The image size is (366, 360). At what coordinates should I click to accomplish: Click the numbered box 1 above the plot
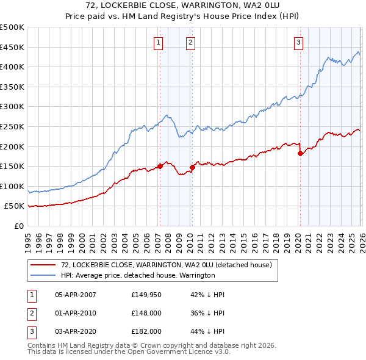(x=159, y=42)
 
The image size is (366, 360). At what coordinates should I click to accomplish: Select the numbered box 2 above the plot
(x=191, y=42)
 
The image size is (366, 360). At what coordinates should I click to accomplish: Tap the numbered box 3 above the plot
(x=299, y=42)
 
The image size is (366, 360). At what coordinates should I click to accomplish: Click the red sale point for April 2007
(x=160, y=166)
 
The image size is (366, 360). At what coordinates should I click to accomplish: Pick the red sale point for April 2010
(x=192, y=167)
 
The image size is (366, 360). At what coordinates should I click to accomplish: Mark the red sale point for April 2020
(x=300, y=153)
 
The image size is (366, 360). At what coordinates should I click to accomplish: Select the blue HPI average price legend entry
(x=138, y=275)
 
